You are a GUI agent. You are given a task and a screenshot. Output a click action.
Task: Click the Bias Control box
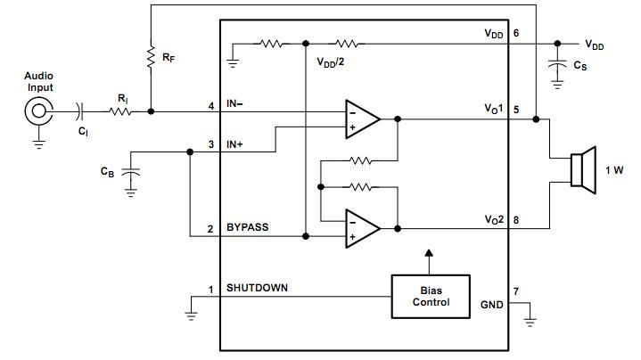click(431, 295)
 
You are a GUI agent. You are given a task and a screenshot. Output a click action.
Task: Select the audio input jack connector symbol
click(38, 111)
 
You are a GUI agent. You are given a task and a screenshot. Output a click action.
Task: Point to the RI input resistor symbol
click(120, 111)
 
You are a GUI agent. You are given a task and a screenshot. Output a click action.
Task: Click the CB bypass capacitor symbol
click(131, 172)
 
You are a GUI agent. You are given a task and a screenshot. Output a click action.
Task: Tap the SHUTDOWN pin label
click(257, 288)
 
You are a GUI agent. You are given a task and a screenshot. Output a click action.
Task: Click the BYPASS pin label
click(249, 228)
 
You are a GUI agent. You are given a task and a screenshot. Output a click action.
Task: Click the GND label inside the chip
click(492, 304)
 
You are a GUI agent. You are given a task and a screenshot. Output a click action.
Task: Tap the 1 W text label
click(614, 169)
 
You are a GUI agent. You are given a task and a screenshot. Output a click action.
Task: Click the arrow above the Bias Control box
click(431, 258)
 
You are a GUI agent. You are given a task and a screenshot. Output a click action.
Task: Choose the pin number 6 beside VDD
click(517, 33)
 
